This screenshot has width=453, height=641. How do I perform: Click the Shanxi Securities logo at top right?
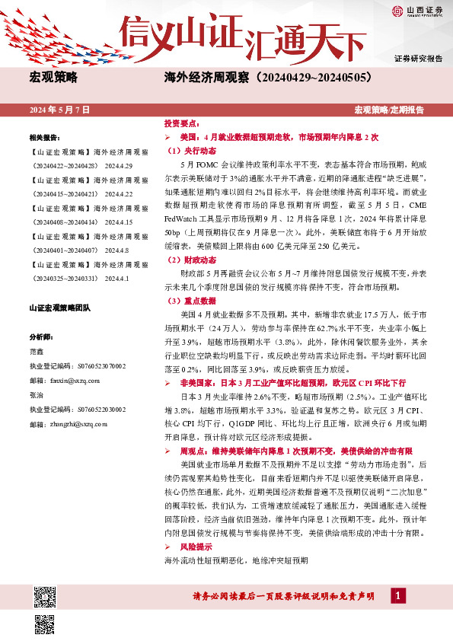click(x=418, y=11)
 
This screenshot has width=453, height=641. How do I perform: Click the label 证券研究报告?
click(x=418, y=59)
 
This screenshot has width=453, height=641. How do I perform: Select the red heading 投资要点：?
click(x=183, y=123)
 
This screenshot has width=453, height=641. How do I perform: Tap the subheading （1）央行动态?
click(x=187, y=151)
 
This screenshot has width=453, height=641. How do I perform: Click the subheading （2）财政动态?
click(x=187, y=260)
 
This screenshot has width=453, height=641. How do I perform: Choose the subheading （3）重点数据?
click(x=187, y=301)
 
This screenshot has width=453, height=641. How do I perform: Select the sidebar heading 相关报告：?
click(x=45, y=138)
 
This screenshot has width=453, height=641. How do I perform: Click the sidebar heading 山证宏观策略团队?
click(x=59, y=308)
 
